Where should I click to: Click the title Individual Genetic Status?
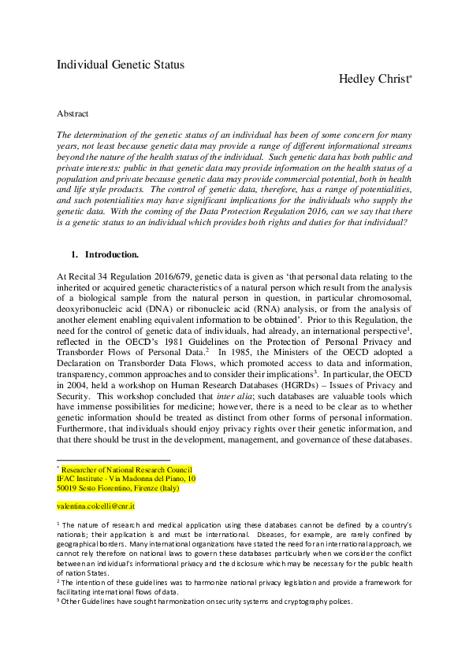pyautogui.click(x=120, y=65)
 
